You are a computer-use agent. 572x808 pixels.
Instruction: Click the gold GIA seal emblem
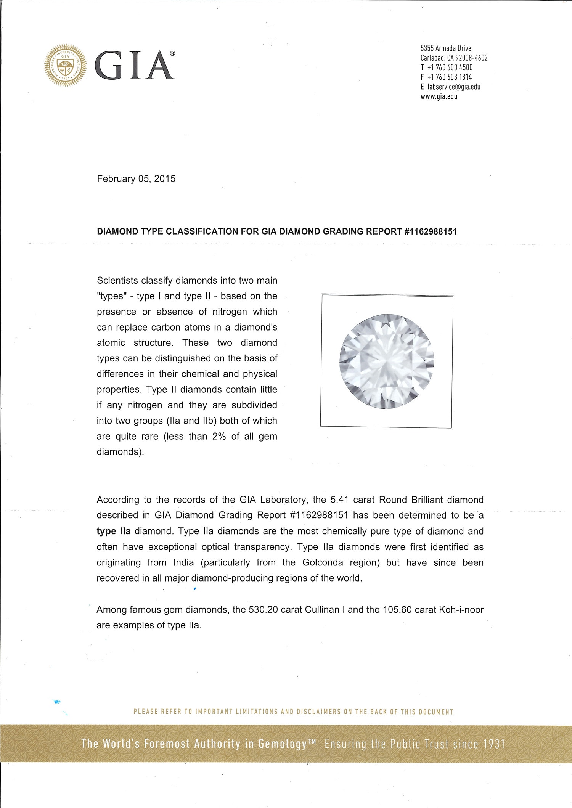(x=65, y=66)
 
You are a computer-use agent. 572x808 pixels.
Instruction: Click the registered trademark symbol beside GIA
(x=172, y=54)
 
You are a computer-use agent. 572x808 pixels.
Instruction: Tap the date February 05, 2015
(x=136, y=179)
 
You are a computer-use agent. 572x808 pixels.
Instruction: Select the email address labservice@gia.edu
(x=453, y=87)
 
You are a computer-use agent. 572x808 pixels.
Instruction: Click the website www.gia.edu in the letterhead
(x=439, y=96)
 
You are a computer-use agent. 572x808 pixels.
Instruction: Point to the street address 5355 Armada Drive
(x=446, y=48)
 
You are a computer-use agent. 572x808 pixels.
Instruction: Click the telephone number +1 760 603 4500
(x=450, y=67)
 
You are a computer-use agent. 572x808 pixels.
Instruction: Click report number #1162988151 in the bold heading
(x=430, y=231)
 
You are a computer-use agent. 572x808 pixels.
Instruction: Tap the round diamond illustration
(x=387, y=361)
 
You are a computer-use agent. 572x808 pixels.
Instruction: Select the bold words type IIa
(x=113, y=531)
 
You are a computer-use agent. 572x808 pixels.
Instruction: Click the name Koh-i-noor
(x=461, y=610)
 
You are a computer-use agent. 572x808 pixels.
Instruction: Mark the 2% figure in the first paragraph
(x=219, y=436)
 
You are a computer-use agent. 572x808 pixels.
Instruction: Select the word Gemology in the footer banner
(x=282, y=744)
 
